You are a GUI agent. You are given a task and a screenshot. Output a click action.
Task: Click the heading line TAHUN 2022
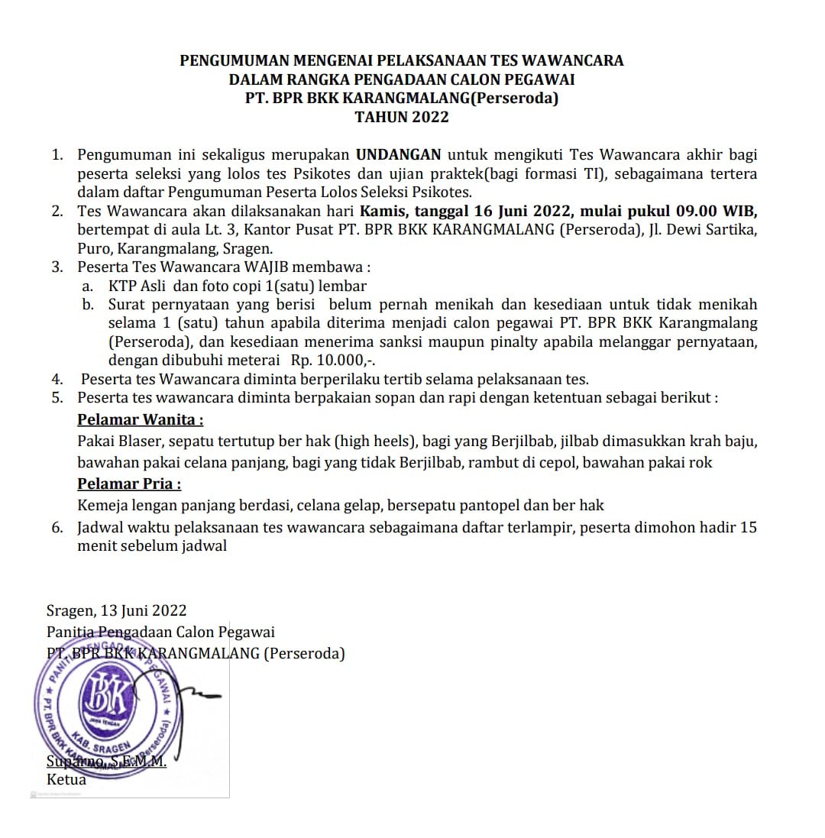[x=402, y=117]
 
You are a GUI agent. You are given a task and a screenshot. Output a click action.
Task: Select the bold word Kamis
[x=382, y=211]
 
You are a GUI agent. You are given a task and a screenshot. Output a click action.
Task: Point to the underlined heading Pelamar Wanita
[x=141, y=419]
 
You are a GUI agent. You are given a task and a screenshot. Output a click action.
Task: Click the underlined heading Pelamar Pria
[x=130, y=484]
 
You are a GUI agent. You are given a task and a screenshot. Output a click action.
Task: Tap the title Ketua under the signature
[x=66, y=780]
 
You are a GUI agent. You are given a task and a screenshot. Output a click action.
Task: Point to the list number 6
[x=57, y=527]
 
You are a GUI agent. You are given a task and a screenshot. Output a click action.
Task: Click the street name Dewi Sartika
[x=710, y=230]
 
